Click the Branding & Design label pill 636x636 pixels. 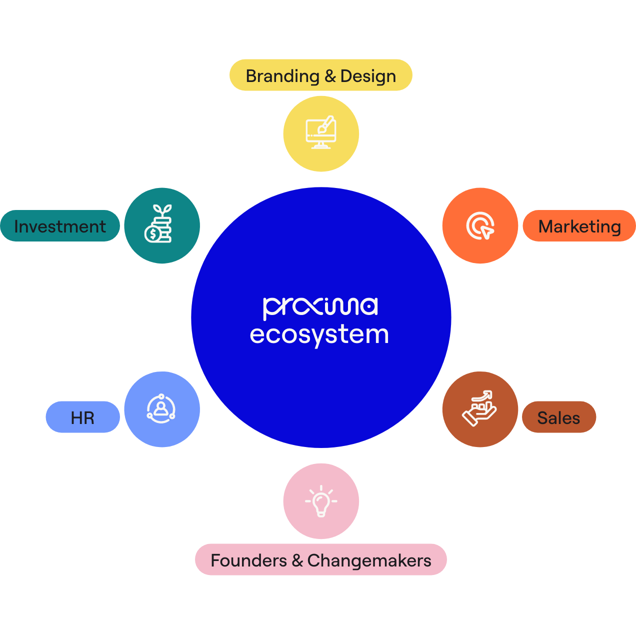(x=320, y=75)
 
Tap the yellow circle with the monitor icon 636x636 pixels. (x=321, y=134)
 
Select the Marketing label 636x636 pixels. (x=579, y=226)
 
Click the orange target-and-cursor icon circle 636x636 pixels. (x=480, y=225)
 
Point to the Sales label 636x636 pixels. (x=558, y=417)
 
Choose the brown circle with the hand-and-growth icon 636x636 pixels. (x=480, y=409)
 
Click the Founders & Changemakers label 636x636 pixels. (x=320, y=559)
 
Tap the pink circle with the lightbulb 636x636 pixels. (x=321, y=501)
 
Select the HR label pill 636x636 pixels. (x=82, y=417)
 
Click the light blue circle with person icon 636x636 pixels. (x=161, y=409)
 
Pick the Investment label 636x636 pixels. (x=60, y=226)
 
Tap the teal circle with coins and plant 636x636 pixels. (x=161, y=225)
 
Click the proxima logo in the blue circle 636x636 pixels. (x=320, y=307)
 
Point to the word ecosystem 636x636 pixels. (x=319, y=335)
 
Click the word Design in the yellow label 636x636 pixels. (x=368, y=76)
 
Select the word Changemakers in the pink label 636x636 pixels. (x=369, y=560)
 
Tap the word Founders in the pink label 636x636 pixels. (x=248, y=560)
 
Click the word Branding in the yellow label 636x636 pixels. (x=282, y=76)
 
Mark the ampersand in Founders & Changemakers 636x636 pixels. (x=297, y=560)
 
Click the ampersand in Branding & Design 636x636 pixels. (x=330, y=76)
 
